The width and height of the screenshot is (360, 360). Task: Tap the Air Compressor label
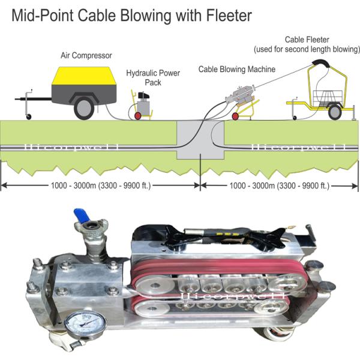coord(86,56)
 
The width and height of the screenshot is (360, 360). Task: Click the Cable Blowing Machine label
coord(237,70)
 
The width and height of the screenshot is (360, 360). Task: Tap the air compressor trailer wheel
coord(83,108)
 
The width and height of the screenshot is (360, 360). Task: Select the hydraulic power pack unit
coord(143,105)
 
